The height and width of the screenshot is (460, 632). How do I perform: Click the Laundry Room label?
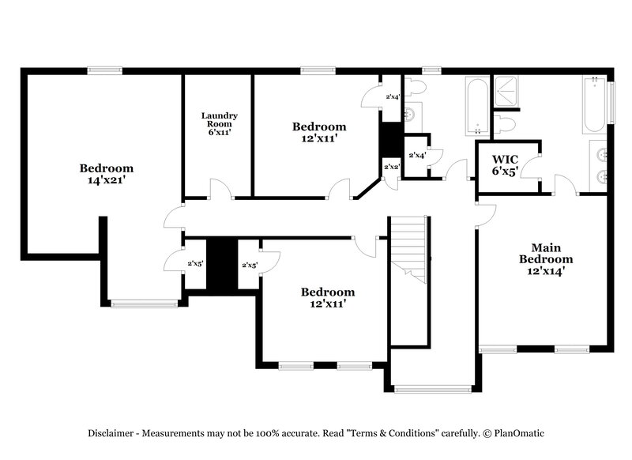(219, 124)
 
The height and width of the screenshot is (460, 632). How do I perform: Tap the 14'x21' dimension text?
(106, 180)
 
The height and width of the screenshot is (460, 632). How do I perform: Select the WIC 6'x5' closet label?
(506, 164)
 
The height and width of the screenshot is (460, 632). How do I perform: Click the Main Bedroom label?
(546, 258)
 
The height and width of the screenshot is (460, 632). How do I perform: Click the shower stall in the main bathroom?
(510, 93)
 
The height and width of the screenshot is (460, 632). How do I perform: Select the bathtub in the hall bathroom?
(476, 106)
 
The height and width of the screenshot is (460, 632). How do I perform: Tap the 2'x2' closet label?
(391, 167)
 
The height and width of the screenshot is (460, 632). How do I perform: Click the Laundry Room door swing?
(220, 190)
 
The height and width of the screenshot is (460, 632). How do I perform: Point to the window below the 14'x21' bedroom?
(144, 303)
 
